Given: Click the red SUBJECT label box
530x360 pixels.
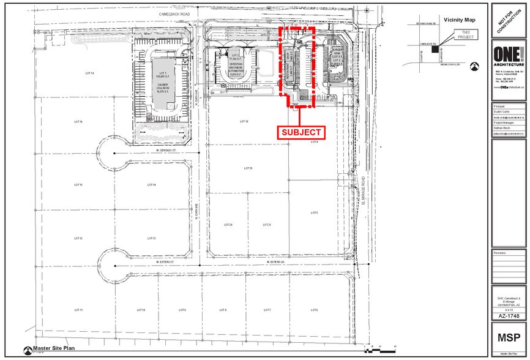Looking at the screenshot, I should click(301, 132).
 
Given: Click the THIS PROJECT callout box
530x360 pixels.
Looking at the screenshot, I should click(466, 34).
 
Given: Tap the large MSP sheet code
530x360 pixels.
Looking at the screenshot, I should click(508, 337).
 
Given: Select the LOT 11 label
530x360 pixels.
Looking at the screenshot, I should click(78, 310).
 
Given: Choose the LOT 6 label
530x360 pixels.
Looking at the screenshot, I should click(314, 310).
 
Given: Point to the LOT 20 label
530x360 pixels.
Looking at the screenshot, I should click(228, 225).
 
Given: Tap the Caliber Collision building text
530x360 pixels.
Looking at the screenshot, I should click(162, 89).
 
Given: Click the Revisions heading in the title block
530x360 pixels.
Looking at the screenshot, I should click(500, 252).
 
